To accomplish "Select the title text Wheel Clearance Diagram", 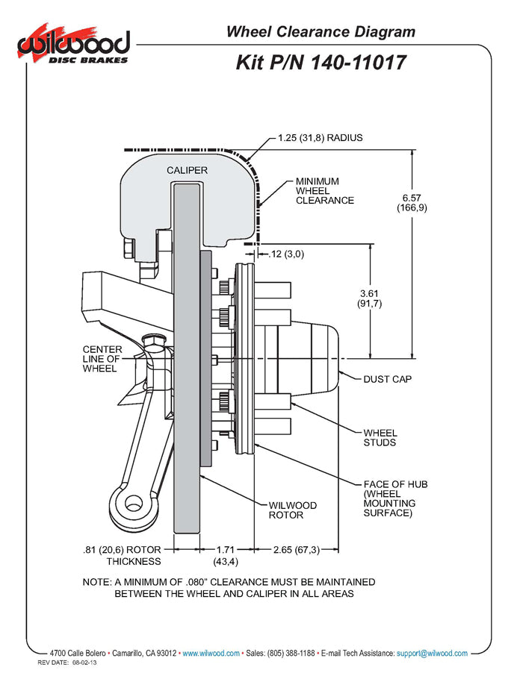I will [320, 31].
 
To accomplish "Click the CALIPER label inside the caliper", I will [187, 170].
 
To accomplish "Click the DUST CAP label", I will [387, 379].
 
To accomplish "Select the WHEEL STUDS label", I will [380, 438].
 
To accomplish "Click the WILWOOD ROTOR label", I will [292, 510].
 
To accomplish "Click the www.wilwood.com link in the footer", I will [211, 653].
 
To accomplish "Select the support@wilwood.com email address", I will [432, 653].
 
